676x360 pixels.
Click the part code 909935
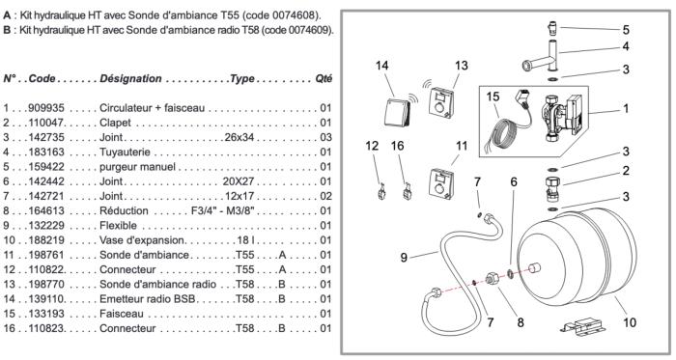click(x=46, y=108)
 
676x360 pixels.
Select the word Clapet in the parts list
click(x=115, y=123)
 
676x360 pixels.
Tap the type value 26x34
click(x=239, y=137)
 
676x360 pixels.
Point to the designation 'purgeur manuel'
click(x=137, y=167)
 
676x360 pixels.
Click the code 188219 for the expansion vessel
click(x=46, y=240)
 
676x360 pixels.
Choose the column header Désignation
click(x=130, y=79)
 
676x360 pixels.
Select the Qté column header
click(x=324, y=79)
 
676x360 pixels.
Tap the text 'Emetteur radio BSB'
click(x=148, y=299)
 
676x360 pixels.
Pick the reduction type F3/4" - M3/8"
click(x=223, y=210)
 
